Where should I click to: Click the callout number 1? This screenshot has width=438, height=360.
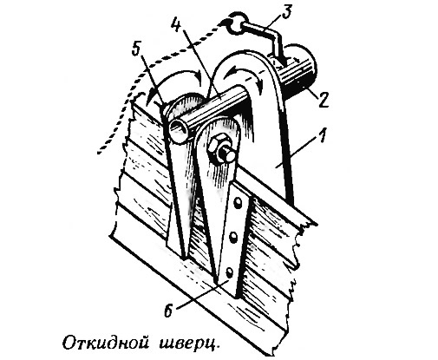[323, 136]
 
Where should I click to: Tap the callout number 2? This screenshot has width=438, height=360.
[323, 100]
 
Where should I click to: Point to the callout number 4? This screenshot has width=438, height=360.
[178, 23]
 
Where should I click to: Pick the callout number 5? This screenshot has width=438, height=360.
[136, 49]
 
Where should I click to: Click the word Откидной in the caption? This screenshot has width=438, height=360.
[106, 343]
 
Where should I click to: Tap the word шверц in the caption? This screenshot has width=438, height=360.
[188, 344]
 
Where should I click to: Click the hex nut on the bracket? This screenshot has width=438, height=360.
[219, 146]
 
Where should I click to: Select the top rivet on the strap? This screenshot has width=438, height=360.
[238, 202]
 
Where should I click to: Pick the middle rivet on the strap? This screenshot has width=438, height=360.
[233, 238]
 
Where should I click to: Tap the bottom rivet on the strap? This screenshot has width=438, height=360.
[229, 272]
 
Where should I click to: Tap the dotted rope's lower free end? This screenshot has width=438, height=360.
[99, 152]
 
